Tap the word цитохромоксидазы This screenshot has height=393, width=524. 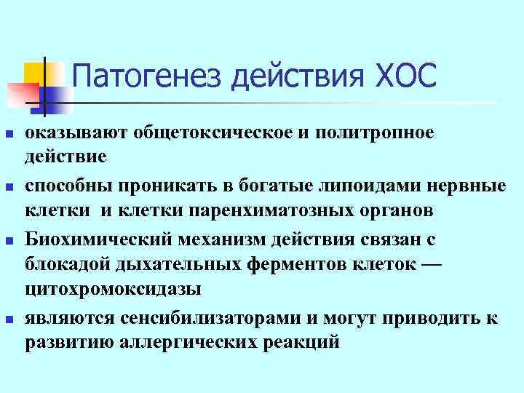[113, 289]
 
